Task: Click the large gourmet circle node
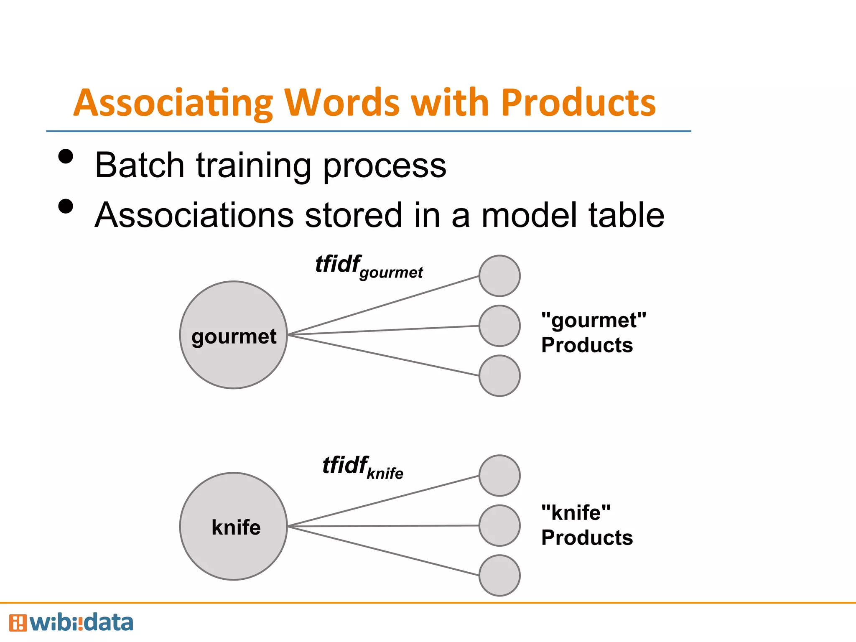tap(233, 335)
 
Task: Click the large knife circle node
tap(233, 526)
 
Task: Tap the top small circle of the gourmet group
tap(499, 276)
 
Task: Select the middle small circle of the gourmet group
tap(499, 326)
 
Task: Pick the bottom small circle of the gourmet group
tap(499, 376)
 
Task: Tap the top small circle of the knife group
tap(499, 476)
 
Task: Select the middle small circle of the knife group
tap(499, 525)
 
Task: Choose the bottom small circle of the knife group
tap(499, 576)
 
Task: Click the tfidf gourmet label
tap(369, 267)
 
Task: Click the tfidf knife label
tap(363, 467)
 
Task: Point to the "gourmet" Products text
tap(593, 333)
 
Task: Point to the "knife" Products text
tap(586, 525)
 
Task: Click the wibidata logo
tap(71, 623)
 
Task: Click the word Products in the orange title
tap(578, 103)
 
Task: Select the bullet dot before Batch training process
tap(66, 157)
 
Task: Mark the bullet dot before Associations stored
tap(66, 206)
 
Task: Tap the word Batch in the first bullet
tap(140, 165)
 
